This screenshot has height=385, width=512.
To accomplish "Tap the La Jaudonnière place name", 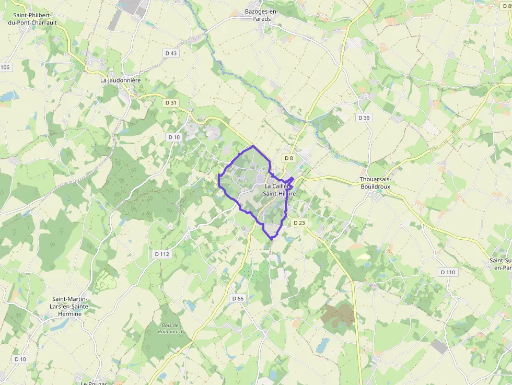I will pos(121,80).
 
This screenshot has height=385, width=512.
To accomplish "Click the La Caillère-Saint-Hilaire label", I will pos(280,190).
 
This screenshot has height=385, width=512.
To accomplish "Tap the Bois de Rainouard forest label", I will pos(168,328).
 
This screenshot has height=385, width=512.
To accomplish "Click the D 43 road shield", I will pos(171,53).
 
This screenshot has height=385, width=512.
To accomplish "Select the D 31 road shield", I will pos(171,103).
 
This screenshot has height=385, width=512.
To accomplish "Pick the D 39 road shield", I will pos(364,118).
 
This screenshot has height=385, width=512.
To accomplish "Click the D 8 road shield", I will pos(288,158).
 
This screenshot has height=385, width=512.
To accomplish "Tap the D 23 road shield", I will pos(299,223).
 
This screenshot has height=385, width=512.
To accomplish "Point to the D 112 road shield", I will pos(162,254).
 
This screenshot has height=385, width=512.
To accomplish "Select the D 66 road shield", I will pos(237,298).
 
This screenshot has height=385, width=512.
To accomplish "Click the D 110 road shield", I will pos(448,272).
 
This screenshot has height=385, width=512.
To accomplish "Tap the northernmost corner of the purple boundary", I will pos(253,146).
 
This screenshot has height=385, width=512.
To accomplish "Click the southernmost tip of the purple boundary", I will pos(272,239).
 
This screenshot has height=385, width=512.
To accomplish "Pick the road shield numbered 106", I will pos(5,67).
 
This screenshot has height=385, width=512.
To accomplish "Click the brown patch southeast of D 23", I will pos(339,315).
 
